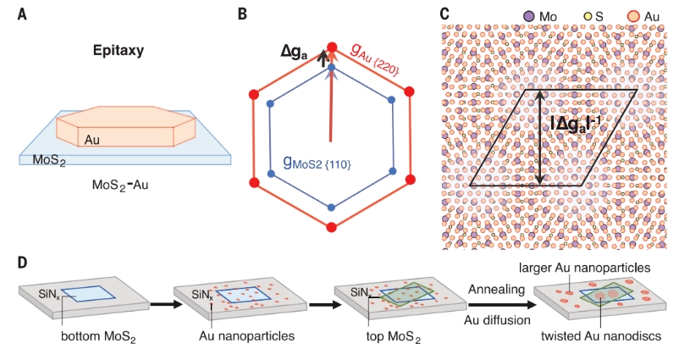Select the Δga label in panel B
pyautogui.click(x=297, y=52)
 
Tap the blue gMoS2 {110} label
pyautogui.click(x=317, y=160)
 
